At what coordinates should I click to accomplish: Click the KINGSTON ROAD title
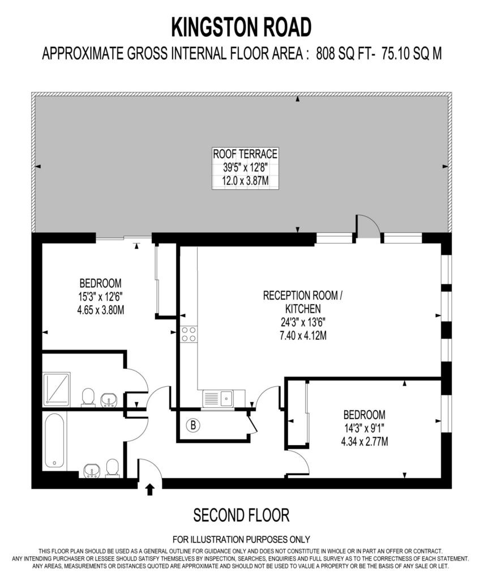[x=242, y=27]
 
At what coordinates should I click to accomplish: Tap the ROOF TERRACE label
[x=245, y=153]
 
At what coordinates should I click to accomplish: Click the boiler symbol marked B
[x=192, y=425]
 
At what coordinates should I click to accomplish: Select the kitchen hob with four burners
[x=189, y=334]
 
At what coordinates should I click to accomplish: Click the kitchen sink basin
[x=226, y=398]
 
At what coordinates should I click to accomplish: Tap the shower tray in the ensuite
[x=57, y=389]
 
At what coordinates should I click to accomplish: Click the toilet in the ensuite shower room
[x=88, y=397]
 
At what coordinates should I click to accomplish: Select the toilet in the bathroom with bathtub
[x=112, y=468]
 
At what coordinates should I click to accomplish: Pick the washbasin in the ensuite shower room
[x=109, y=399]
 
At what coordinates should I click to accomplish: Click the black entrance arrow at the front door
[x=149, y=489]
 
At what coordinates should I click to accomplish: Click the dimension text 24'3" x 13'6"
[x=302, y=322]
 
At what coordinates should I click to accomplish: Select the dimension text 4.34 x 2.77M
[x=364, y=441]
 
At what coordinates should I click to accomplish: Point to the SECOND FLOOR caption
[x=241, y=515]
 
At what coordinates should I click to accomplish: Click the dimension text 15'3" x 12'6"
[x=100, y=297]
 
